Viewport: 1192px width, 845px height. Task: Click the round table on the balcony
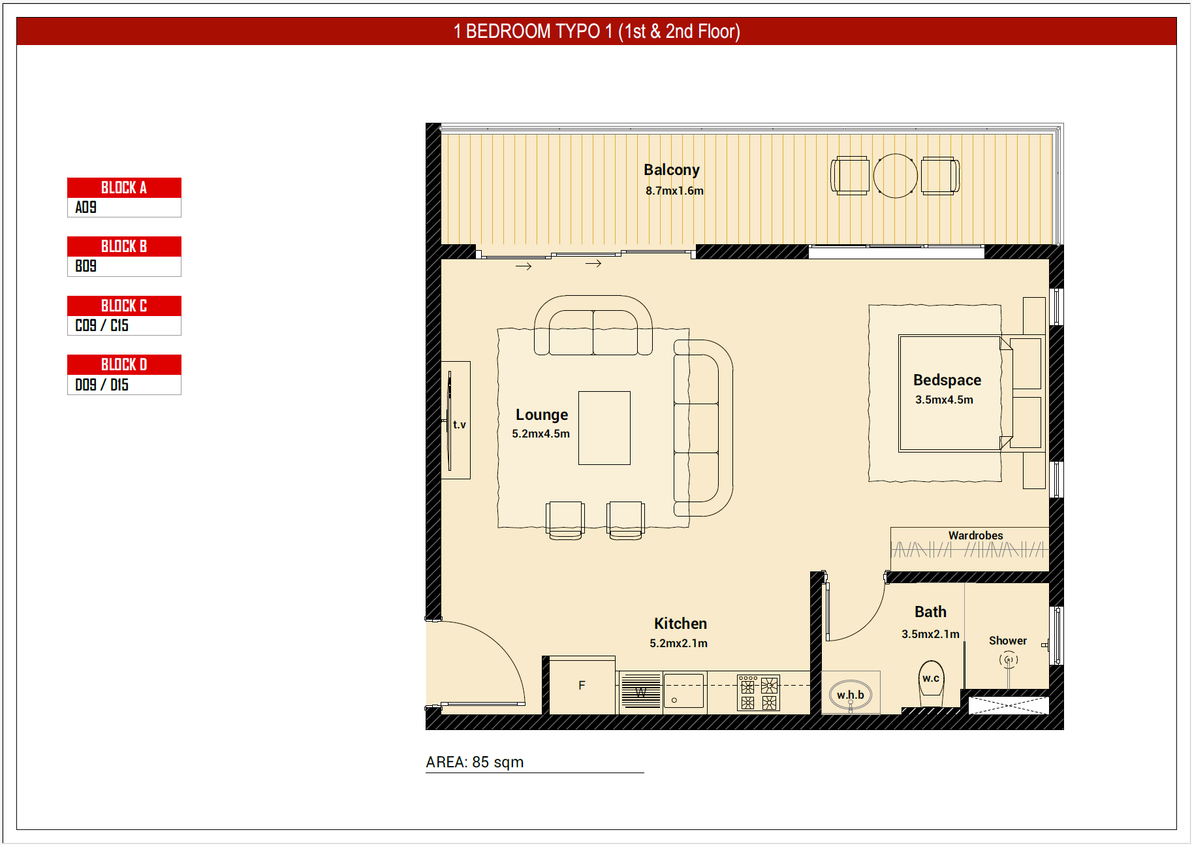pyautogui.click(x=895, y=176)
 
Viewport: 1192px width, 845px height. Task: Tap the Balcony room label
pyautogui.click(x=671, y=170)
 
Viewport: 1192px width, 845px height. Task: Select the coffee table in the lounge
pyautogui.click(x=604, y=428)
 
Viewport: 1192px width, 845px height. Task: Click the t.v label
pyautogui.click(x=460, y=424)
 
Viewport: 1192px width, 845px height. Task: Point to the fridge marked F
pyautogui.click(x=582, y=685)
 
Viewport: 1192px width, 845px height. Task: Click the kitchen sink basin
pyautogui.click(x=683, y=691)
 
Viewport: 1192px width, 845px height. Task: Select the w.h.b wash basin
pyautogui.click(x=851, y=695)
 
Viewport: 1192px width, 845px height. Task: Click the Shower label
pyautogui.click(x=1007, y=641)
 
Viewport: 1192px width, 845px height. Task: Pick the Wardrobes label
pyautogui.click(x=975, y=535)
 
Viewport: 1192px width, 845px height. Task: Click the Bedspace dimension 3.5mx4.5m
pyautogui.click(x=944, y=400)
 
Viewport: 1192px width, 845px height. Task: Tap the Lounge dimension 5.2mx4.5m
pyautogui.click(x=541, y=434)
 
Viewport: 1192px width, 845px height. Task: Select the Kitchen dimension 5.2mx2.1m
pyautogui.click(x=678, y=643)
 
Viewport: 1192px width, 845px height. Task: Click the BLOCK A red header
pyautogui.click(x=124, y=187)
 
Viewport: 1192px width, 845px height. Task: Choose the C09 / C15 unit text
pyautogui.click(x=102, y=325)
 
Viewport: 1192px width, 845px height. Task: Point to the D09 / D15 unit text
pyautogui.click(x=102, y=385)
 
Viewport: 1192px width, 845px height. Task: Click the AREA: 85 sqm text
pyautogui.click(x=475, y=762)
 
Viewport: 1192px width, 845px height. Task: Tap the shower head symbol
pyautogui.click(x=1009, y=660)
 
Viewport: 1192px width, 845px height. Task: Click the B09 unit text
pyautogui.click(x=86, y=266)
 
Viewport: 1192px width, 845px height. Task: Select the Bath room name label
pyautogui.click(x=930, y=612)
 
